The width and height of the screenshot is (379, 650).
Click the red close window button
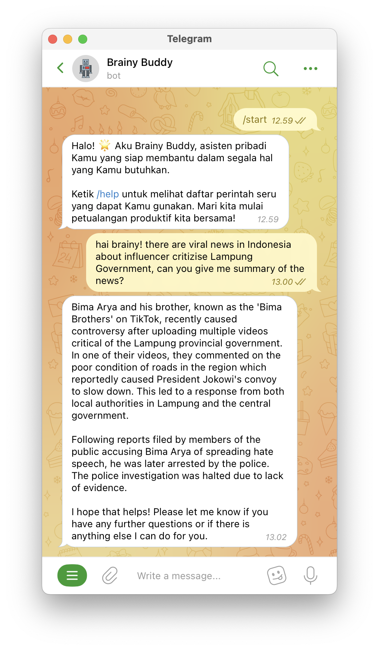[x=53, y=39]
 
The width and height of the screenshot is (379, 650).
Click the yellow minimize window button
[x=68, y=39]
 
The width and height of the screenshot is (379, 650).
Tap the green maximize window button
[x=83, y=39]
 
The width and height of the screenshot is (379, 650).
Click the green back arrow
[x=60, y=68]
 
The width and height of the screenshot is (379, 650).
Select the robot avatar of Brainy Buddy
[x=86, y=69]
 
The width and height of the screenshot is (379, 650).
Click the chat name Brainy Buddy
[x=139, y=63]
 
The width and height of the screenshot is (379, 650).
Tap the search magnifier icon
[x=271, y=69]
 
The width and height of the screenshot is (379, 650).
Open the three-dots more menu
[x=310, y=69]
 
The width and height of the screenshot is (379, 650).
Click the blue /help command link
[x=108, y=194]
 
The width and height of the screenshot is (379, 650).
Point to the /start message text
[x=255, y=120]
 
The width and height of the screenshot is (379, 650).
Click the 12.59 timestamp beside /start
[x=282, y=121]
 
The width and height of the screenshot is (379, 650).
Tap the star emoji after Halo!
[x=105, y=145]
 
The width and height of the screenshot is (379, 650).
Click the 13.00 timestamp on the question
[x=282, y=282]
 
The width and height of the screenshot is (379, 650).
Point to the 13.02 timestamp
[x=276, y=537]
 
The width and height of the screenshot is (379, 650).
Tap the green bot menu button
[x=72, y=575]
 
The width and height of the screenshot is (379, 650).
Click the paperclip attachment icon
[x=110, y=575]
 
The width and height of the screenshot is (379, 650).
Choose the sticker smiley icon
[x=277, y=575]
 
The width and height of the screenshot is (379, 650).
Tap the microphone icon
[x=311, y=575]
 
